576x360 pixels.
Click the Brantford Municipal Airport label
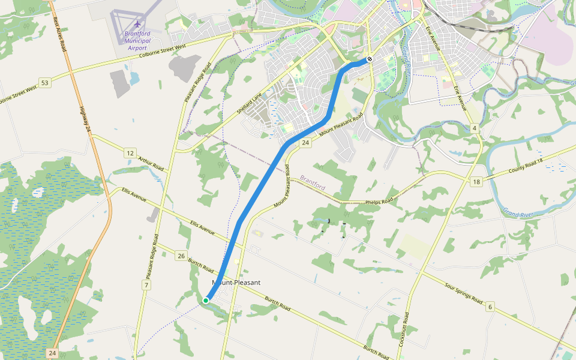point(137,40)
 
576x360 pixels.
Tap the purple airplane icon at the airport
point(137,25)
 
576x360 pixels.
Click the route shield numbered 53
point(44,82)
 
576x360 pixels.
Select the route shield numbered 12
point(130,154)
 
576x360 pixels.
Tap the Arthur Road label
point(151,163)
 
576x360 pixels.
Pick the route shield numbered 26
point(181,256)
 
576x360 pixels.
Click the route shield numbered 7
point(146,284)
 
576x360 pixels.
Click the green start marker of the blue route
point(206,300)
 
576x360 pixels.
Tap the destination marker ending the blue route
point(370,59)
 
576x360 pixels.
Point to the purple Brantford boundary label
point(312,182)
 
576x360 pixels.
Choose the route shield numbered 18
point(476,182)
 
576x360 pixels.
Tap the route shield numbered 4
point(474,128)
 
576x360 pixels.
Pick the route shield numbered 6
point(490,307)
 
